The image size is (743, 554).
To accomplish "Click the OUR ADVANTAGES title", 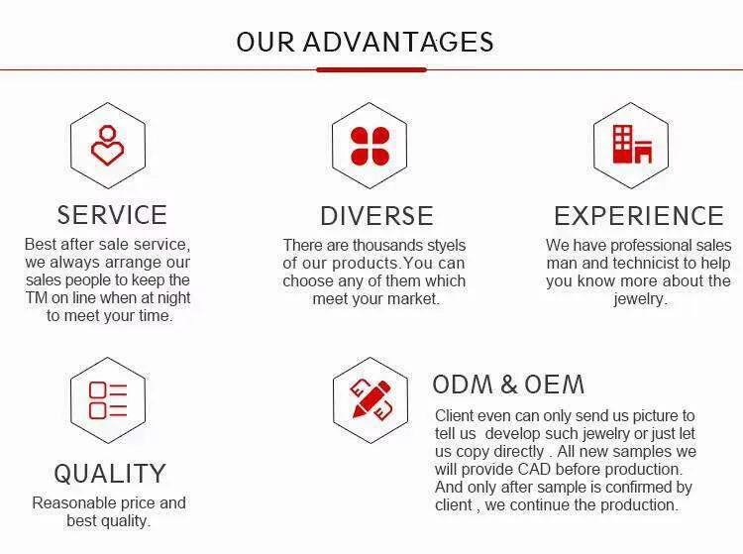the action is [x=365, y=42].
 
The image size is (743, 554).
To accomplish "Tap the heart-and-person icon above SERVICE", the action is [x=108, y=146].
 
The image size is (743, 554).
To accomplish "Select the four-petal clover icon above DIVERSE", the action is [x=370, y=146].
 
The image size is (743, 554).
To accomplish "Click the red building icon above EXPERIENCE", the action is [x=632, y=145].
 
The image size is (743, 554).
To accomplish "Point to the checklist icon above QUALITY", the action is [x=108, y=400].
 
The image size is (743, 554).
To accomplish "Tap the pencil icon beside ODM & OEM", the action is [x=371, y=399].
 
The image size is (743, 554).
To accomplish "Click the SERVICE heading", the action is [x=112, y=215].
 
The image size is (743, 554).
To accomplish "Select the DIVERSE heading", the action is [x=376, y=216].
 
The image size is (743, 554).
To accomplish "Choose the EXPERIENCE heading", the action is [x=639, y=216].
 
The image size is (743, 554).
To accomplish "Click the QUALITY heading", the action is [x=110, y=474].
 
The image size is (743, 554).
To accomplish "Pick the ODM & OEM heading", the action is [x=508, y=385].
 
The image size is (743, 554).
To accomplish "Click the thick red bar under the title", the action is [x=371, y=69].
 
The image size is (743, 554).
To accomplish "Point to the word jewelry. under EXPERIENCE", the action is [x=640, y=299].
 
